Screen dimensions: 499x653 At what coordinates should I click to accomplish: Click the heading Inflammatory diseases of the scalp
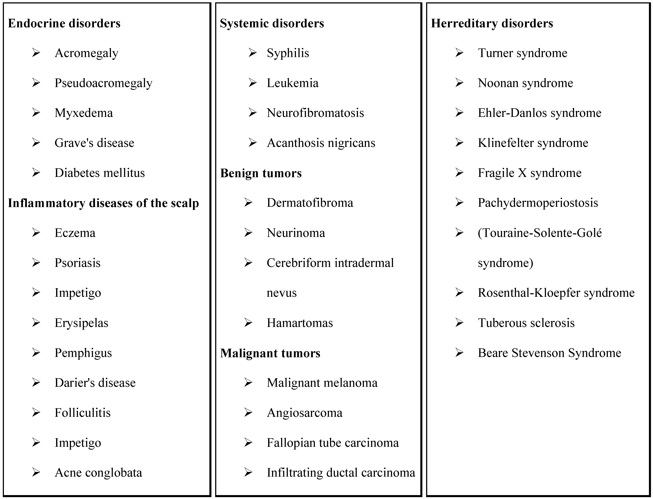pyautogui.click(x=103, y=203)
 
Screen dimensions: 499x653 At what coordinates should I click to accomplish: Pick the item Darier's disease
pyautogui.click(x=95, y=383)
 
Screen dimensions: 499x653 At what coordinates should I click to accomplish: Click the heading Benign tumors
pyautogui.click(x=261, y=173)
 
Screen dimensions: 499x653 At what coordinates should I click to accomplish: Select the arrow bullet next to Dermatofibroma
pyautogui.click(x=248, y=203)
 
